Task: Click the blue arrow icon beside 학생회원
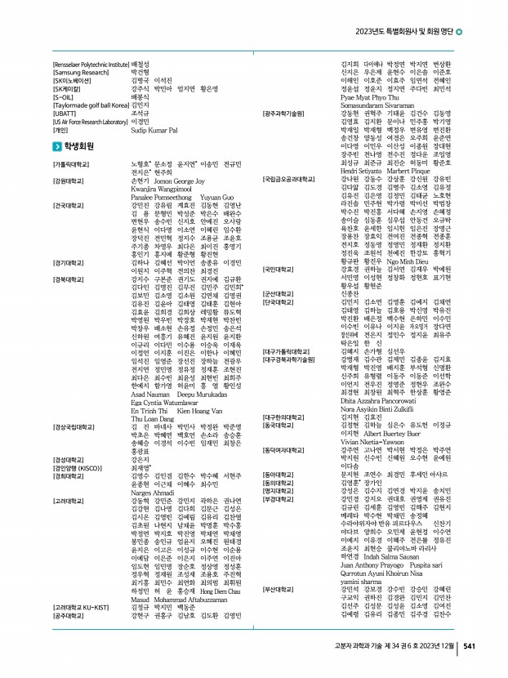[56, 146]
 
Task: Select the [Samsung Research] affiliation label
[79, 72]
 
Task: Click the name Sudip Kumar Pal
[153, 130]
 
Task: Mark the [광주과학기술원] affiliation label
[283, 114]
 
